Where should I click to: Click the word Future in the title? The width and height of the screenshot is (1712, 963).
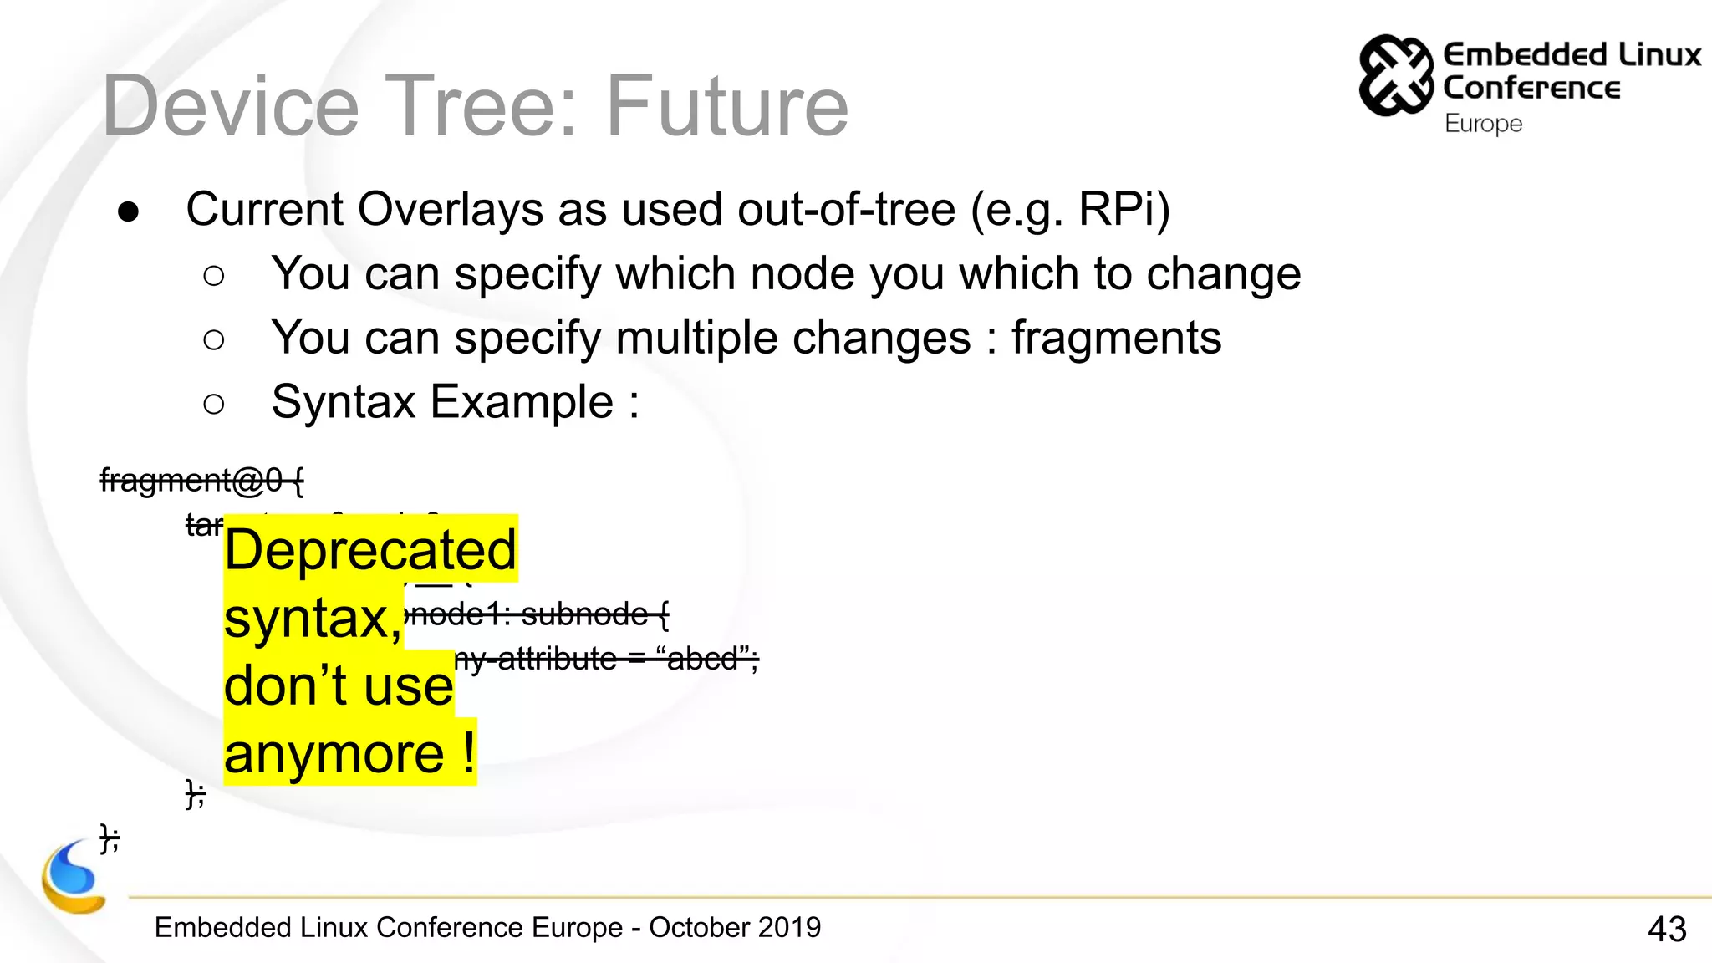point(726,106)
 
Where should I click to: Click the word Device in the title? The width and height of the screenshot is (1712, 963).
point(230,106)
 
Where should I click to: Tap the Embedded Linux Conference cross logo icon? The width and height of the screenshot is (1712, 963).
point(1395,75)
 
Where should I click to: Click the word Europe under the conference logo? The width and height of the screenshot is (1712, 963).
point(1483,124)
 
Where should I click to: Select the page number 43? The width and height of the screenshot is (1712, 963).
point(1666,929)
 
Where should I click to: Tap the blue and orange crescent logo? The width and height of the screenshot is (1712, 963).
point(74,878)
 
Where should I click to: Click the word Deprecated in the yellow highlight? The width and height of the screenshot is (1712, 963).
point(370,550)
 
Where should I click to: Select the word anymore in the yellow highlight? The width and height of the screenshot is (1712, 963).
point(334,753)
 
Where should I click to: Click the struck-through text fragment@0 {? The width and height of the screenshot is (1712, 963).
point(201,480)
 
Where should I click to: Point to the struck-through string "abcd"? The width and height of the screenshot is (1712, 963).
point(702,659)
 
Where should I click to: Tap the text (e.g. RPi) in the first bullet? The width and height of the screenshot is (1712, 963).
point(1070,209)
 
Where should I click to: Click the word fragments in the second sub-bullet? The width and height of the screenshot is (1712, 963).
point(1116,338)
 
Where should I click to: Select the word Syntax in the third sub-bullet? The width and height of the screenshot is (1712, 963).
point(344,402)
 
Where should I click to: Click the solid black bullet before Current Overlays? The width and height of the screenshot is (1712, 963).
point(128,211)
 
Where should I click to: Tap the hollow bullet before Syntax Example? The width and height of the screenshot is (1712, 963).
point(214,405)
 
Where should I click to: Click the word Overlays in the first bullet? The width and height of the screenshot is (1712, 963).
point(451,209)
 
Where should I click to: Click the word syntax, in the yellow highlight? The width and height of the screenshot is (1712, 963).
point(313,619)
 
